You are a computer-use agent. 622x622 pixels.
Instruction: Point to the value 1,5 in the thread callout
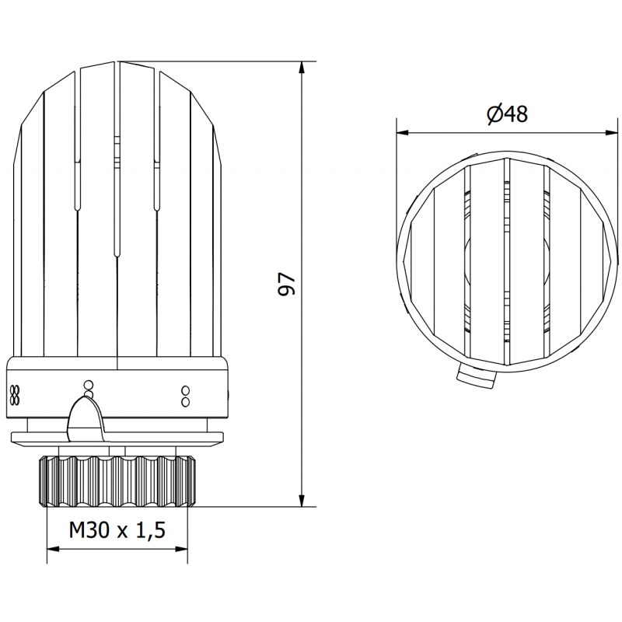click(x=149, y=530)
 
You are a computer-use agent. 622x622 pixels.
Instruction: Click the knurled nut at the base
click(x=117, y=480)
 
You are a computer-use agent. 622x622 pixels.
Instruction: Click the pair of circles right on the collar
click(x=185, y=396)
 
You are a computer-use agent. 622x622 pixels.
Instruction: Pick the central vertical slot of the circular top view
click(x=506, y=260)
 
